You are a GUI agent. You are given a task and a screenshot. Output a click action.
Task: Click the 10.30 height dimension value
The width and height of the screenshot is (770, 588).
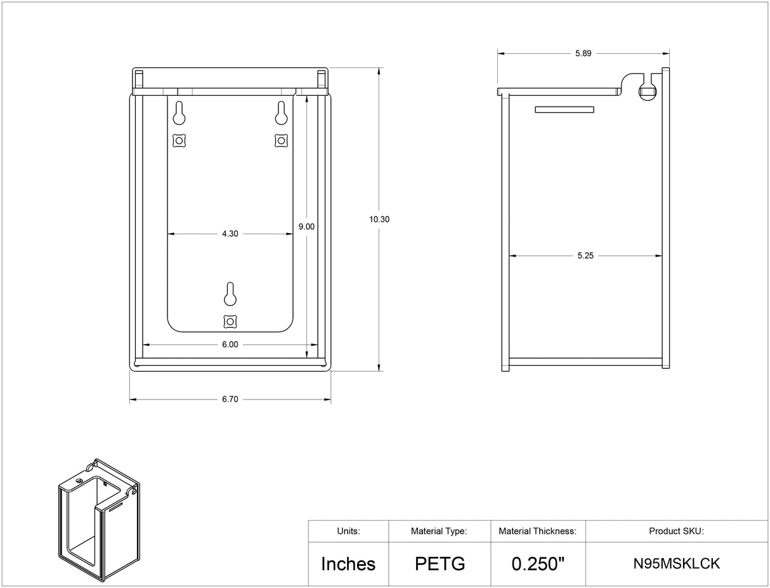(x=379, y=220)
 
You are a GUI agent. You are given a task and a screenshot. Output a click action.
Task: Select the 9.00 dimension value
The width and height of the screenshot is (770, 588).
(x=306, y=227)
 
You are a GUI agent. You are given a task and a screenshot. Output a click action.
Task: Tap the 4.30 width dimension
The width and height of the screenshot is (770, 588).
(x=230, y=234)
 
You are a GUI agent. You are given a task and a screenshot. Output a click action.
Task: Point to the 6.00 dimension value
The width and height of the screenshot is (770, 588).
(x=230, y=345)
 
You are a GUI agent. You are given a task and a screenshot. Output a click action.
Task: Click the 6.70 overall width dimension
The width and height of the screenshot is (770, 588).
(x=230, y=399)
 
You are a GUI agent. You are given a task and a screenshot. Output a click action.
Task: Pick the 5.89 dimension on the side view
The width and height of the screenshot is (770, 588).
(x=583, y=53)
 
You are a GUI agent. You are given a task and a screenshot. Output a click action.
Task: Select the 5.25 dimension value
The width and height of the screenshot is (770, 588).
(x=585, y=255)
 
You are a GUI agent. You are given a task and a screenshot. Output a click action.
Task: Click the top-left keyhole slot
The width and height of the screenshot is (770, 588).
(x=179, y=113)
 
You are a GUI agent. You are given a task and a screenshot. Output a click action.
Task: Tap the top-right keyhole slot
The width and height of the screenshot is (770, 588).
(x=281, y=113)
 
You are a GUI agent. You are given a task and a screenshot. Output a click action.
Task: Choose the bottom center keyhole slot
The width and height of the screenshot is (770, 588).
(x=230, y=294)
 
